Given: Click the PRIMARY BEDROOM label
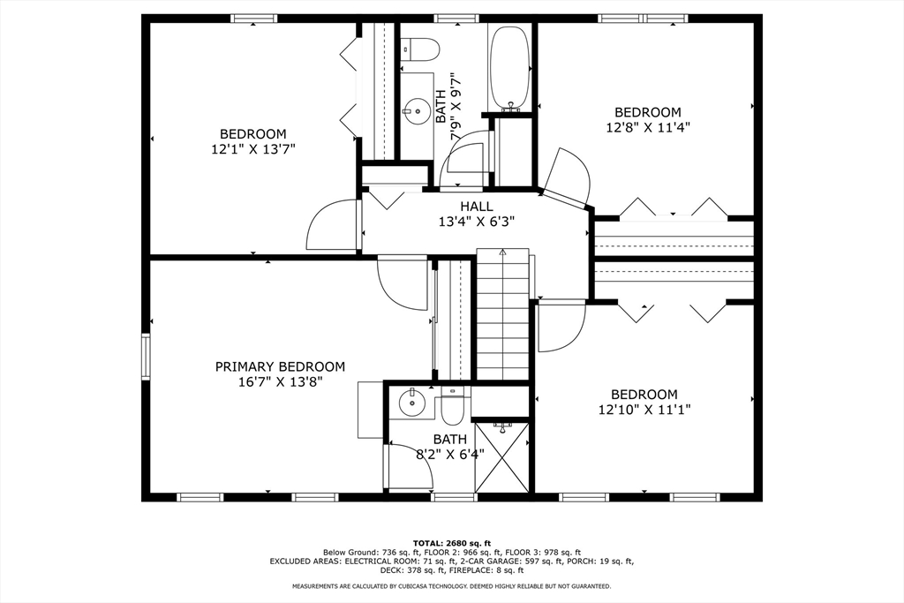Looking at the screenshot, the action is pos(280,366).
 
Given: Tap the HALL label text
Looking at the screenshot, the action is pos(477,207).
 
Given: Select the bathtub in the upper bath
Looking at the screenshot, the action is pos(509,67).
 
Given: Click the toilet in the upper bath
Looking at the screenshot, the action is pos(420,49).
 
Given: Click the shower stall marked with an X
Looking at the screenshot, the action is pos(502,457).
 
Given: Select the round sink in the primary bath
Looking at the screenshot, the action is pos(411,403).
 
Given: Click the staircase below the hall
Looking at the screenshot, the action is pos(502,314).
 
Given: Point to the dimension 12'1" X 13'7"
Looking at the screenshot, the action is pos(253,149).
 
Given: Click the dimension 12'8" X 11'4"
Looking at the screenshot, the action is pos(648,127).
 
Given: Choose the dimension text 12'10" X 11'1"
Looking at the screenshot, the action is pos(644,410).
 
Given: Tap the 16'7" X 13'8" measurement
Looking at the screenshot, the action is pos(280,381).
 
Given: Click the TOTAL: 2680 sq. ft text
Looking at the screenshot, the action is pos(451,543).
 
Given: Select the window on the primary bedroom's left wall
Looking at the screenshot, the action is pos(146,356).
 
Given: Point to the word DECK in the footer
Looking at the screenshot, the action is pos(389,570).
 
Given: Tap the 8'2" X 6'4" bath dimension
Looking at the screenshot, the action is pos(450,455).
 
